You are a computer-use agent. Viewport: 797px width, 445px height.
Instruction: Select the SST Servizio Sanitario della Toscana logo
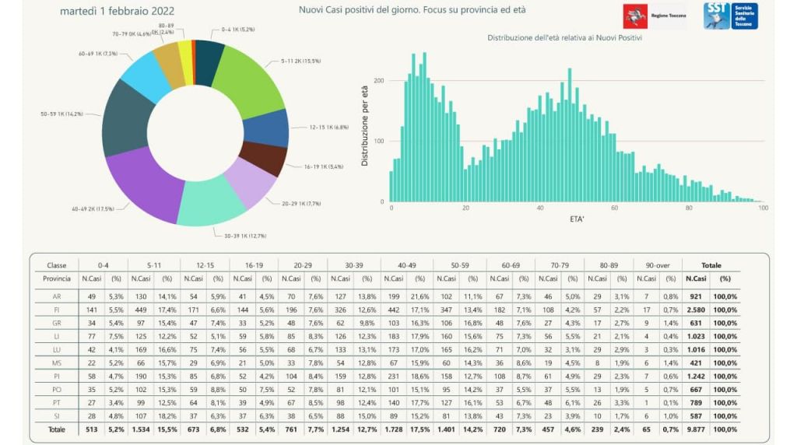pos(730,16)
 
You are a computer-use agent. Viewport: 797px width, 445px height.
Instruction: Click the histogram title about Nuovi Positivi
pos(570,37)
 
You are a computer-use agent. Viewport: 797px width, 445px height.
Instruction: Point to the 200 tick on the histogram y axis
pos(380,81)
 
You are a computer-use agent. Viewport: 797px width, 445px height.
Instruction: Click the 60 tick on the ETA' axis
pos(614,208)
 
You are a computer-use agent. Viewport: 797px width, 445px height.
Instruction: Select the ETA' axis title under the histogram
pos(577,220)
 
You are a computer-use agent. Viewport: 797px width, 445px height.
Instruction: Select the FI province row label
pos(57,310)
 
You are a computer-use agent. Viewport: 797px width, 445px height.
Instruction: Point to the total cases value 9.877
pos(696,429)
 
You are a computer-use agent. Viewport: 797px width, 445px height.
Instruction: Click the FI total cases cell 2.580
pos(696,310)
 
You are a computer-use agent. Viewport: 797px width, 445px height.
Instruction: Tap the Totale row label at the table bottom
pos(57,429)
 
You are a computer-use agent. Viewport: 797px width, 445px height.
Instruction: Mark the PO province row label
pos(57,389)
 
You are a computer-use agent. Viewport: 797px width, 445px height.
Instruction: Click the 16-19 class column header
pos(253,265)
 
